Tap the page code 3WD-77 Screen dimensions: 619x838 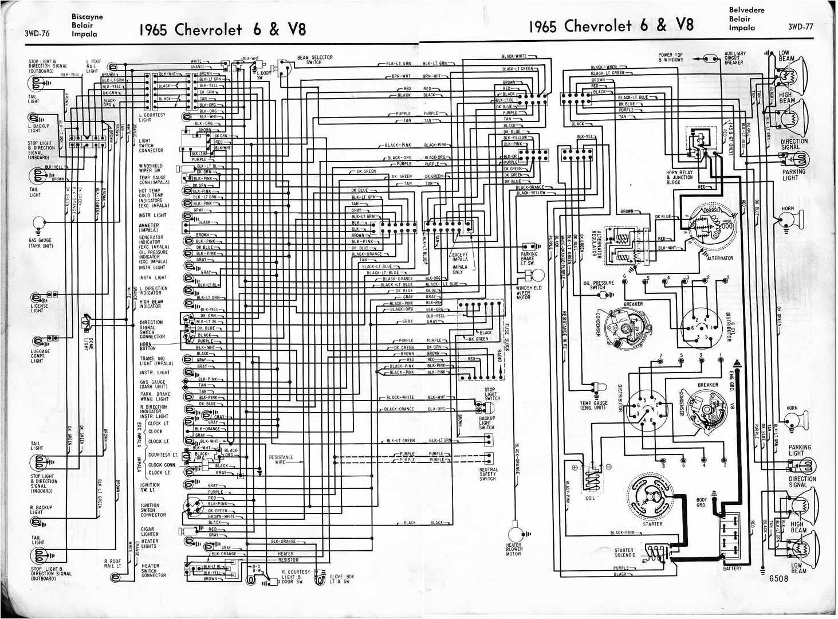coord(801,26)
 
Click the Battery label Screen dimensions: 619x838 coord(731,569)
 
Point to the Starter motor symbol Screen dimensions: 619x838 coord(652,495)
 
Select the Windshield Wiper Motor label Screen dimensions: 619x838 coord(523,292)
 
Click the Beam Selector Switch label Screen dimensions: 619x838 coord(314,60)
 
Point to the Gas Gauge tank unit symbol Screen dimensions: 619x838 coord(40,223)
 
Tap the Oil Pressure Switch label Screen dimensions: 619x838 coord(599,285)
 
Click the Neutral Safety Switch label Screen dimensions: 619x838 coord(488,474)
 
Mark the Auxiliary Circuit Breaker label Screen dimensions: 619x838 coord(734,58)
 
